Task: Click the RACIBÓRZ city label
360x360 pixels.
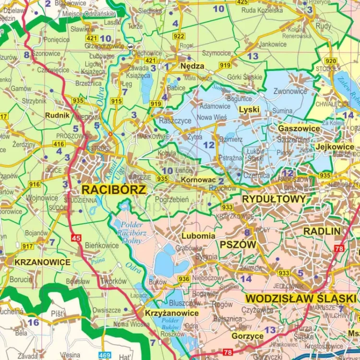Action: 113,189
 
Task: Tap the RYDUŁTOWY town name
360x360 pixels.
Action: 274,199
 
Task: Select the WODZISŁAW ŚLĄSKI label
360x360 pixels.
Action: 300,298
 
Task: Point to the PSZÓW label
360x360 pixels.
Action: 239,244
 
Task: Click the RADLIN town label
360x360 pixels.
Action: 322,231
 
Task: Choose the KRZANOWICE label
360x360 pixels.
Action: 42,262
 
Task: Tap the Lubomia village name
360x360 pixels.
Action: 198,236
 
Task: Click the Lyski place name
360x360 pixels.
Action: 249,109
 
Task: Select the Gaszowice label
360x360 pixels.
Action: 299,129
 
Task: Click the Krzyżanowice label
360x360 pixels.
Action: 171,313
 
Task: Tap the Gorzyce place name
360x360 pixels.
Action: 247,336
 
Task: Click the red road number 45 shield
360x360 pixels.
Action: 76,238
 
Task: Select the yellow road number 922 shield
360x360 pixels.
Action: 179,36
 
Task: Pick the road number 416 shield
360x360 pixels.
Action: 59,144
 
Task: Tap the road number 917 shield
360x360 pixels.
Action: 27,246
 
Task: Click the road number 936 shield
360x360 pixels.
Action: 183,279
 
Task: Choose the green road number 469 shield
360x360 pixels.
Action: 105,355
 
